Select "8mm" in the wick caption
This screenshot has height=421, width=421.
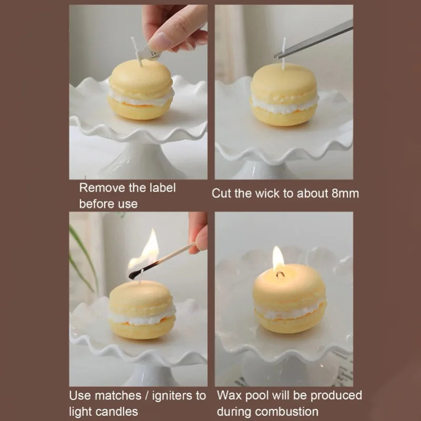(345, 193)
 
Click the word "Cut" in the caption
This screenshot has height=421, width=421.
(221, 193)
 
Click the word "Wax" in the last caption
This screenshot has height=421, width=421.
(228, 395)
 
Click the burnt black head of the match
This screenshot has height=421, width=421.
(134, 274)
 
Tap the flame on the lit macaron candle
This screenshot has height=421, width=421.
(278, 259)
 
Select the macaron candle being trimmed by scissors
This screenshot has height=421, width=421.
(284, 95)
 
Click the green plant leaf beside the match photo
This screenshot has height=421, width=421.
(82, 258)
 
